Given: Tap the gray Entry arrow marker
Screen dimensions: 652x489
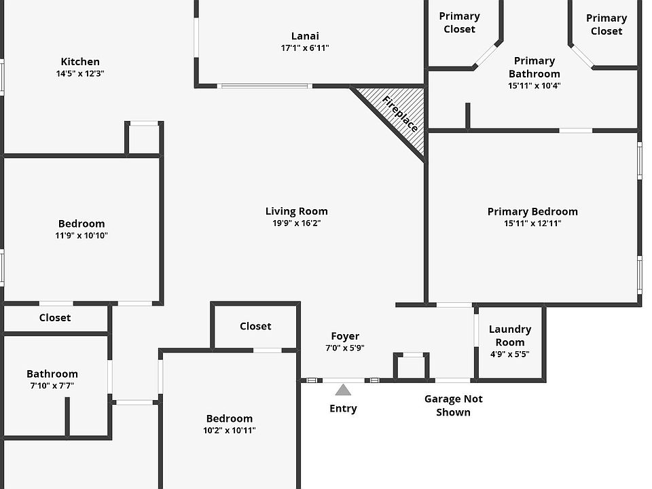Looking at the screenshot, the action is click(x=343, y=390).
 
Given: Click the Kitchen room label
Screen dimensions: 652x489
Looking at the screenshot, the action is click(x=80, y=62).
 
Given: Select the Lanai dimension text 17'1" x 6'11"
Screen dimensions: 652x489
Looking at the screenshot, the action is click(x=305, y=48).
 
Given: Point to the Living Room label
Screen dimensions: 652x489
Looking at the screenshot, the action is click(x=297, y=211).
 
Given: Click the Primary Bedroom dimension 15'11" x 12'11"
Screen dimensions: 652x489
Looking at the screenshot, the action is click(x=532, y=223).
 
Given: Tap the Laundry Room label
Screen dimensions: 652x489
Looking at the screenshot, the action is click(x=510, y=336).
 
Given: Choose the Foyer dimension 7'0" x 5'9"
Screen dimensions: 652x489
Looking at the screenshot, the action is click(x=345, y=348).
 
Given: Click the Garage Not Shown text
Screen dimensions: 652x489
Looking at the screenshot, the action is click(x=453, y=405).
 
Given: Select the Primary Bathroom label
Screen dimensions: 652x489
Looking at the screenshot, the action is click(x=535, y=67).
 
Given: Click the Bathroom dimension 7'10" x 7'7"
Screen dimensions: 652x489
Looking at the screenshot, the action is click(x=52, y=386).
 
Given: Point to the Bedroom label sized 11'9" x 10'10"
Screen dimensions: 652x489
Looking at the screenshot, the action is click(x=81, y=223).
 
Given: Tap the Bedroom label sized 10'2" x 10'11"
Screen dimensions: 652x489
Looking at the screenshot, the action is click(x=229, y=418).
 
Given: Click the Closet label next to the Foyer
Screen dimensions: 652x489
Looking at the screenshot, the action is click(x=255, y=326).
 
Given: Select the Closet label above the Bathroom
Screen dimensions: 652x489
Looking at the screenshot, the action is click(x=55, y=318).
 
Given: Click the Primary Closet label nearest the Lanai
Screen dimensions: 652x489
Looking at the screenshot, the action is click(x=460, y=22).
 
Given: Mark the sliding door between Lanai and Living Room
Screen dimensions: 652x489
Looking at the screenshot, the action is click(x=264, y=86).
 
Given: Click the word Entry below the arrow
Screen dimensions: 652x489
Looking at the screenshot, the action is click(x=343, y=408).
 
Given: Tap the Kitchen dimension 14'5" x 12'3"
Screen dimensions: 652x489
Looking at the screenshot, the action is click(x=80, y=73).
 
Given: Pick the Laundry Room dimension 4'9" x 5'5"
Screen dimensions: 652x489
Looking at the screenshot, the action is click(x=510, y=355).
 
